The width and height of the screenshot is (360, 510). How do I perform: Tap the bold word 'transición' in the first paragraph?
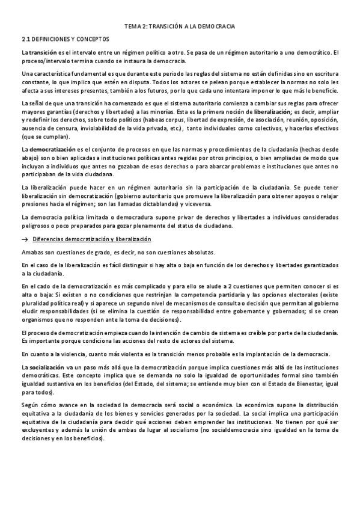click(x=42, y=53)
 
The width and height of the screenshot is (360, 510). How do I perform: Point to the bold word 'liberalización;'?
click(x=273, y=112)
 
